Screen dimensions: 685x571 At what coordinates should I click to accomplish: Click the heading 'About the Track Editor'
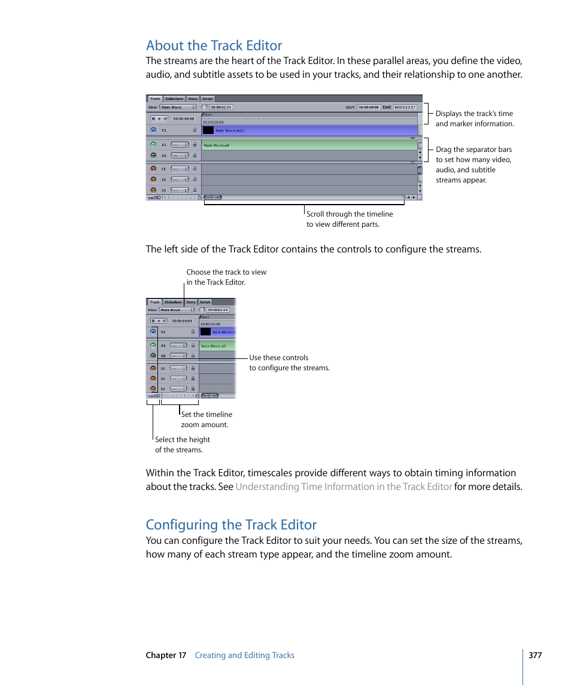(x=214, y=45)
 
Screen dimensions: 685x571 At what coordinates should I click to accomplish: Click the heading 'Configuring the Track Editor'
(x=231, y=525)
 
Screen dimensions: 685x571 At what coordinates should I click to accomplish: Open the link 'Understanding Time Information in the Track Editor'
(x=344, y=486)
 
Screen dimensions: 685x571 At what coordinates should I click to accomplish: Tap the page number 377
(x=535, y=655)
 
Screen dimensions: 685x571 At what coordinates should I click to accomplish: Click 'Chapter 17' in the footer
(x=166, y=655)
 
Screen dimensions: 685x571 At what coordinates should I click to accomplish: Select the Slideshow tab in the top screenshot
(x=174, y=99)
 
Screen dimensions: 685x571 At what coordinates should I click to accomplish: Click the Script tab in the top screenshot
(x=207, y=99)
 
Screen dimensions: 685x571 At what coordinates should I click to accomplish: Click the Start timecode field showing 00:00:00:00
(x=368, y=107)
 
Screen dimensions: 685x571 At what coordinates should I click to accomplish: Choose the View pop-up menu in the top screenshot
(x=178, y=107)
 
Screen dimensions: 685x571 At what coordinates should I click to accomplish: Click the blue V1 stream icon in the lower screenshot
(x=153, y=331)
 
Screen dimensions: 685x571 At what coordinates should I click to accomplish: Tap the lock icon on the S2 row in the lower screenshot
(x=193, y=379)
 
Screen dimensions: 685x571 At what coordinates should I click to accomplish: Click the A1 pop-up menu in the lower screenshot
(x=178, y=346)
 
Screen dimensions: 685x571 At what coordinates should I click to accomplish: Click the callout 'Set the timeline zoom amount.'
(x=206, y=419)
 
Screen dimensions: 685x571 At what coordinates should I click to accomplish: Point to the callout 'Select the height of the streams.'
(x=182, y=445)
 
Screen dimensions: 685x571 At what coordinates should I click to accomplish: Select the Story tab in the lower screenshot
(x=190, y=302)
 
